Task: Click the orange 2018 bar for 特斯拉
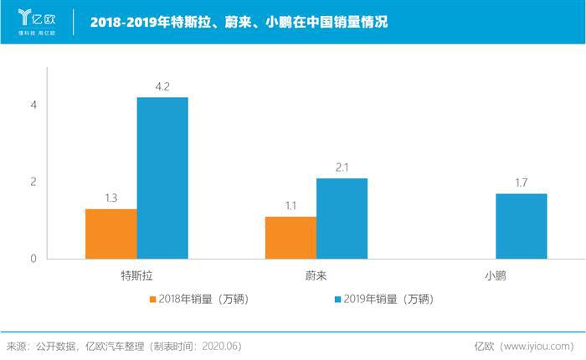[x=111, y=234]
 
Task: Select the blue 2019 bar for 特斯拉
[x=162, y=177]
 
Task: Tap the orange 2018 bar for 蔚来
[x=290, y=238]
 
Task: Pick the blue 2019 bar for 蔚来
[x=342, y=218]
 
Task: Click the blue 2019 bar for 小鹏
[x=521, y=226]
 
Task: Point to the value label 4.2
[x=162, y=85]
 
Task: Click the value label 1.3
[x=111, y=198]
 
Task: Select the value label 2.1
[x=342, y=167]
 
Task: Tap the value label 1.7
[x=521, y=183]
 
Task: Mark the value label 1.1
[x=290, y=205]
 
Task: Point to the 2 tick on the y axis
[x=33, y=182]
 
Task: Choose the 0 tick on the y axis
[x=33, y=259]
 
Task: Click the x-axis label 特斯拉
[x=136, y=275]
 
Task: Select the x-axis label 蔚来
[x=316, y=275]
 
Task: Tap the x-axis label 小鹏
[x=496, y=275]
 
